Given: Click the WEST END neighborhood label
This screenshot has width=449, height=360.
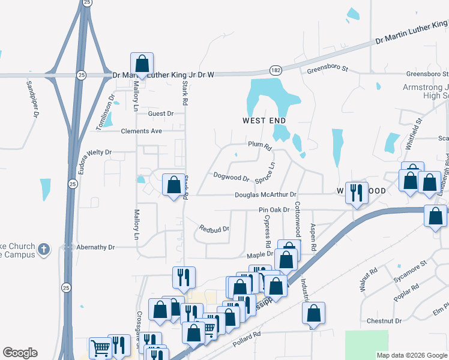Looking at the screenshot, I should coord(264,121).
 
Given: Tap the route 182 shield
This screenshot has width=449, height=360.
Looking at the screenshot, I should coord(275,70).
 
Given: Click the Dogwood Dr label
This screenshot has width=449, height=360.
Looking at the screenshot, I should coord(231,178).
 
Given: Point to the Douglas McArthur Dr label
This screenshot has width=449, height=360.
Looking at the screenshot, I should coord(265,195).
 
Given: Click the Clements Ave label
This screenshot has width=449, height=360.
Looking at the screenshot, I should coord(141,131).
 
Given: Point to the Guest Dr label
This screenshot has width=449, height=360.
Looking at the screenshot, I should coord(160,113).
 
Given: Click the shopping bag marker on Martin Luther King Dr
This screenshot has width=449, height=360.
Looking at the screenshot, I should coord(142,63).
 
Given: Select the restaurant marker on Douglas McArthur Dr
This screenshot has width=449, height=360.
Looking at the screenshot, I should coord(357,193).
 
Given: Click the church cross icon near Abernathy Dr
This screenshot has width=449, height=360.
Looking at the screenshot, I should coord(43,248).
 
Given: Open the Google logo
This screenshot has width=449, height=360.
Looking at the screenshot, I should coord(20,353).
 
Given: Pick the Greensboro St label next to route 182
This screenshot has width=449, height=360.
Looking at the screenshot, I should coord(327,69).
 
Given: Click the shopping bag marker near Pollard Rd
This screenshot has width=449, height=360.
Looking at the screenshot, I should coord(313,313).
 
